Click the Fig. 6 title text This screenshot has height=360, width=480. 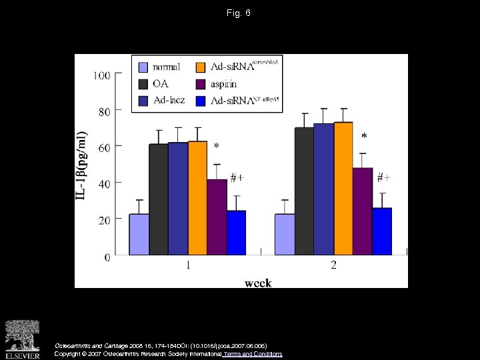[x=239, y=13]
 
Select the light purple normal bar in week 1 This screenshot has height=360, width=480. [x=139, y=234]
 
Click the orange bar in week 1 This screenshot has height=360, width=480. [x=197, y=198]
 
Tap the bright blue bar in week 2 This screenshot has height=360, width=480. [x=382, y=231]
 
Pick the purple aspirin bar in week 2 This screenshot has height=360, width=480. [x=363, y=211]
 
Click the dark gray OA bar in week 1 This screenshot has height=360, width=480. [x=159, y=199]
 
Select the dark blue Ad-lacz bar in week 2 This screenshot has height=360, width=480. [x=323, y=189]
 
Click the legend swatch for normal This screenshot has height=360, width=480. [x=143, y=67]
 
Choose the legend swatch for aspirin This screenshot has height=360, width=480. [x=200, y=84]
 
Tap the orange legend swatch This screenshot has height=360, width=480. [x=200, y=67]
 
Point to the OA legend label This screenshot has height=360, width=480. [x=161, y=84]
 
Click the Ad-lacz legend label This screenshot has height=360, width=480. [x=169, y=101]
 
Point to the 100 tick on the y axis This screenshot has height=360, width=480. [x=101, y=75]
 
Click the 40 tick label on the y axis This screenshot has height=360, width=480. [x=105, y=183]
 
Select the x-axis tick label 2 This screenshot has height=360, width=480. [x=334, y=266]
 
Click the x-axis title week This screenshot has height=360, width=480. [x=258, y=283]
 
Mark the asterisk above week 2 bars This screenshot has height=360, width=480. [x=363, y=136]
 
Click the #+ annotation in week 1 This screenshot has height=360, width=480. [x=237, y=177]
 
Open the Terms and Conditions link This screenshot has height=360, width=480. [x=253, y=354]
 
